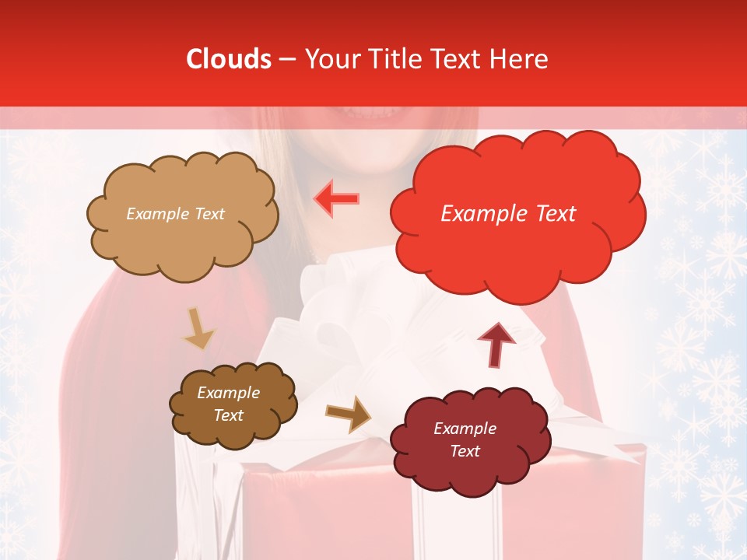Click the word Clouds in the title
click(229, 59)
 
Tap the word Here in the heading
click(520, 59)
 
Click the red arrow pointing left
click(336, 199)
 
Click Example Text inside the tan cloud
click(175, 214)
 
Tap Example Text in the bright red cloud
click(508, 214)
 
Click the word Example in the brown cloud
click(228, 393)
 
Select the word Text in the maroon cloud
click(465, 451)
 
